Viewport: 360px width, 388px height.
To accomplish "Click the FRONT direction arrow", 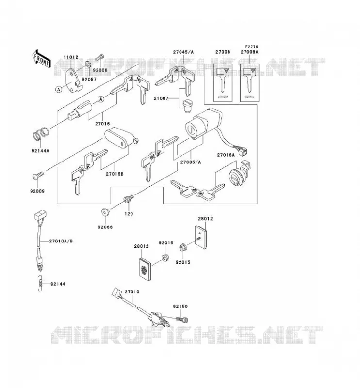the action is [41, 59].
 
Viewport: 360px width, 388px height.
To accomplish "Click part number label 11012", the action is [71, 57].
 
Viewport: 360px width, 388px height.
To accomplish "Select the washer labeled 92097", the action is [88, 64].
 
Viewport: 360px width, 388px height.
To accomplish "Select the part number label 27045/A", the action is [183, 52].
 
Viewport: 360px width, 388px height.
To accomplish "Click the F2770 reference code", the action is [251, 47].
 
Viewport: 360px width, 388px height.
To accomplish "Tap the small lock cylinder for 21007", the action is [187, 105].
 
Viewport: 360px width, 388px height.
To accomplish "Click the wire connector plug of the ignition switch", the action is [244, 150].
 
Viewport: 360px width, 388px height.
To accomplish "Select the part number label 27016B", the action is [115, 174].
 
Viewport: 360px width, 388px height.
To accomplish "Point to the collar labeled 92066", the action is [105, 212].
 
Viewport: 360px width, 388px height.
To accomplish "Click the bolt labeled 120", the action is [129, 199].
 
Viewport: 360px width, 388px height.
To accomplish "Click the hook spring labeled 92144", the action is [40, 284].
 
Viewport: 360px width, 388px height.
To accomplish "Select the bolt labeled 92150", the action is [182, 319].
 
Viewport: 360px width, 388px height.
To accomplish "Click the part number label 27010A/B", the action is [61, 241].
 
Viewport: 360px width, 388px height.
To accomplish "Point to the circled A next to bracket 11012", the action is [59, 89].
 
